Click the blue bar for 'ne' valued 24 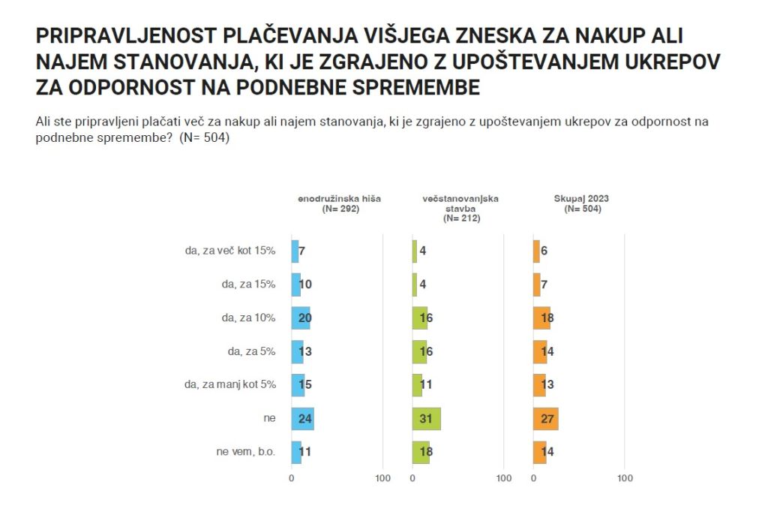click(x=302, y=419)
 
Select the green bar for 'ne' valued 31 click(x=426, y=419)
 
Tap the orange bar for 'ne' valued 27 click(x=545, y=419)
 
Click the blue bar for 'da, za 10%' click(x=300, y=318)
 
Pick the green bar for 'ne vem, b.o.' click(x=421, y=453)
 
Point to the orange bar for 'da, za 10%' click(x=541, y=318)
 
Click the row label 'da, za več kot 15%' click(x=230, y=251)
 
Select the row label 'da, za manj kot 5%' click(x=229, y=385)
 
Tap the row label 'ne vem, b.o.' click(x=245, y=453)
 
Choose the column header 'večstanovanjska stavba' click(x=460, y=203)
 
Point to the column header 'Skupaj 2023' click(x=581, y=199)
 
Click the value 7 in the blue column click(x=301, y=251)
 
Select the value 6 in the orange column click(x=544, y=251)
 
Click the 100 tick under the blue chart click(x=382, y=478)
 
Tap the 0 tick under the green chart click(x=412, y=478)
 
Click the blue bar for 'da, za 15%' click(x=295, y=285)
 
